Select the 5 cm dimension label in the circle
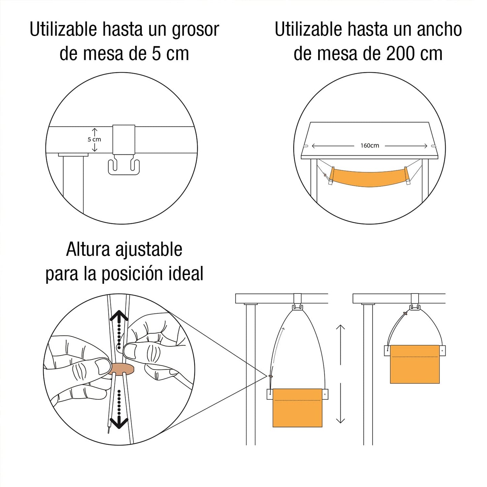tap(94, 139)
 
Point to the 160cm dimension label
tap(370, 146)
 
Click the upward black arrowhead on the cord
tap(119, 317)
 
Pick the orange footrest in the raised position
tap(415, 364)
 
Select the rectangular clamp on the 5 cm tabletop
tap(124, 140)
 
